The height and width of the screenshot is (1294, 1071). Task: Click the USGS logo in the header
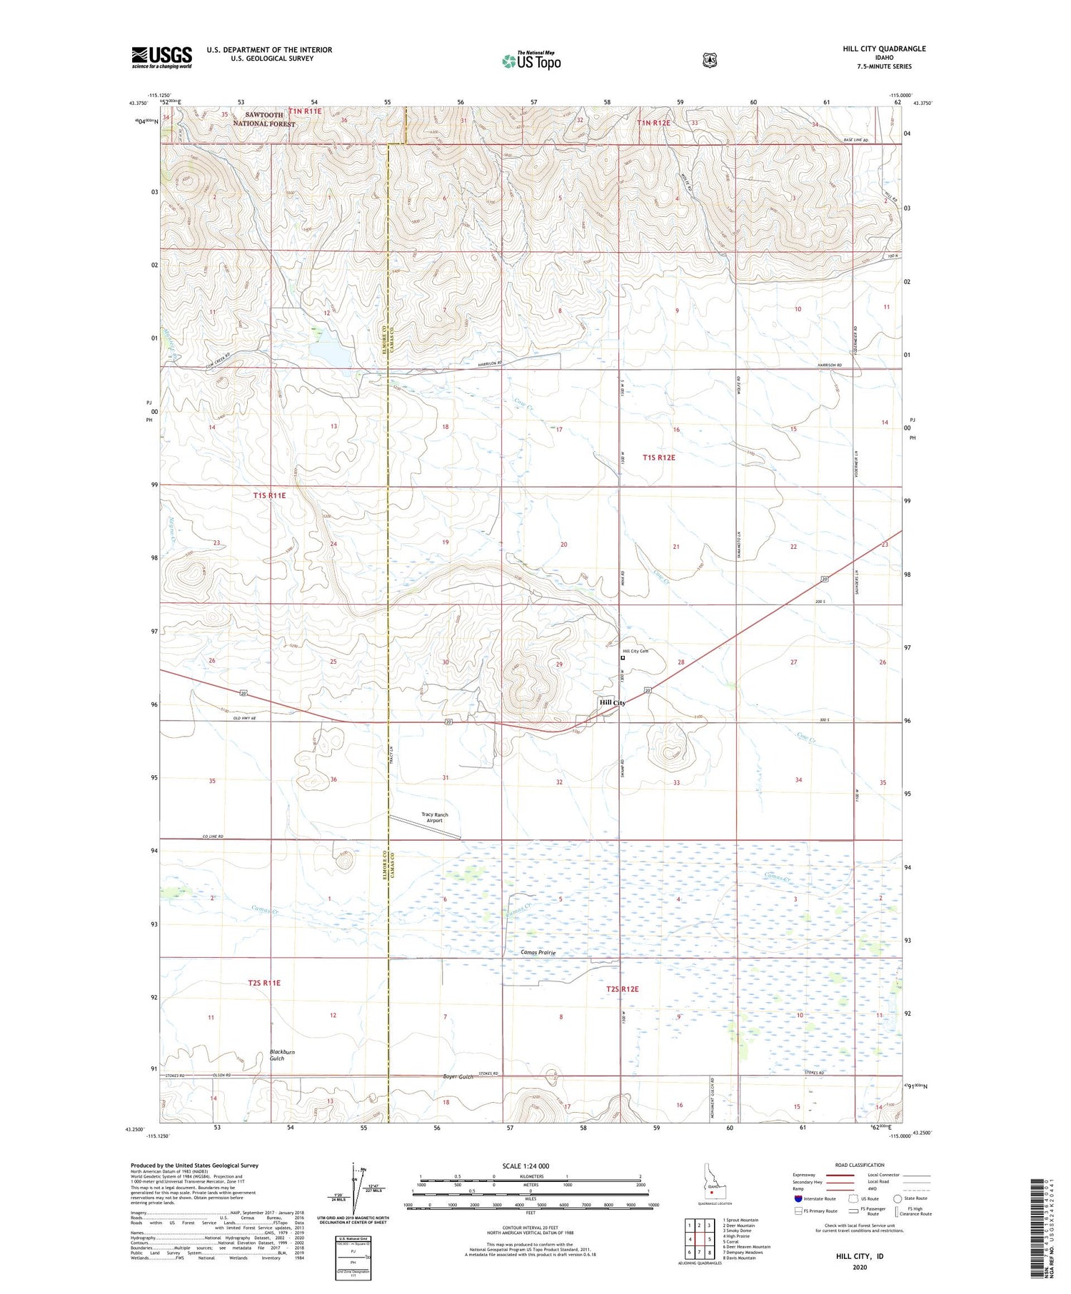pos(161,57)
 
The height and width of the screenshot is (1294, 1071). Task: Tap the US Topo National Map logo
pos(531,60)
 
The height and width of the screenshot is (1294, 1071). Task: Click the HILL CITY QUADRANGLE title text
pos(884,49)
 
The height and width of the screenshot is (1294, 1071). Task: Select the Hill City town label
pos(612,703)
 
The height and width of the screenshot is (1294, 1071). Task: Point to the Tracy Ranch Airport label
pos(434,817)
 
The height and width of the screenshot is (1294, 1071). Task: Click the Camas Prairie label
pos(538,953)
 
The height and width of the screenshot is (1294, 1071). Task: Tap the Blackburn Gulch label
pos(281,1055)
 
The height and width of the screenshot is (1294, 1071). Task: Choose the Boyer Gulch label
pos(458,1076)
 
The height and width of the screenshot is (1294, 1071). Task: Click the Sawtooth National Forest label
pos(263,118)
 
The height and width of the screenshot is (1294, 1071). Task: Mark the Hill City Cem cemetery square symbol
pos(622,659)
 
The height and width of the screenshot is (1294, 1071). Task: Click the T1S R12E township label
pos(658,458)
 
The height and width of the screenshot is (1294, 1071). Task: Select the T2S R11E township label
pos(264,983)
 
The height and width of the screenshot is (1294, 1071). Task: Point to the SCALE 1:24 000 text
pos(526,1166)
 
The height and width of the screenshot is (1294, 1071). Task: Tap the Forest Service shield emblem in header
pos(710,61)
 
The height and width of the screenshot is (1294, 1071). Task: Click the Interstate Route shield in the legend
pos(798,1198)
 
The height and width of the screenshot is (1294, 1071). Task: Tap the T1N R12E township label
pos(653,123)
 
